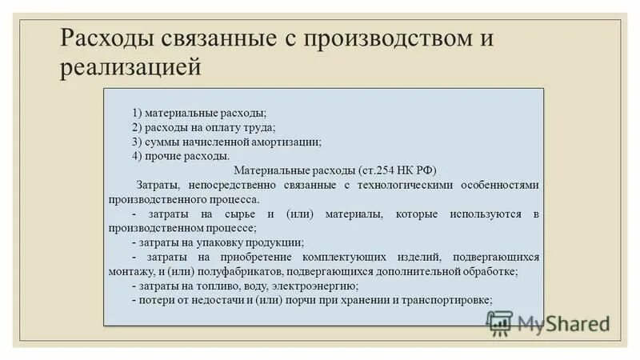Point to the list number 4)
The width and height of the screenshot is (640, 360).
[138, 156]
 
